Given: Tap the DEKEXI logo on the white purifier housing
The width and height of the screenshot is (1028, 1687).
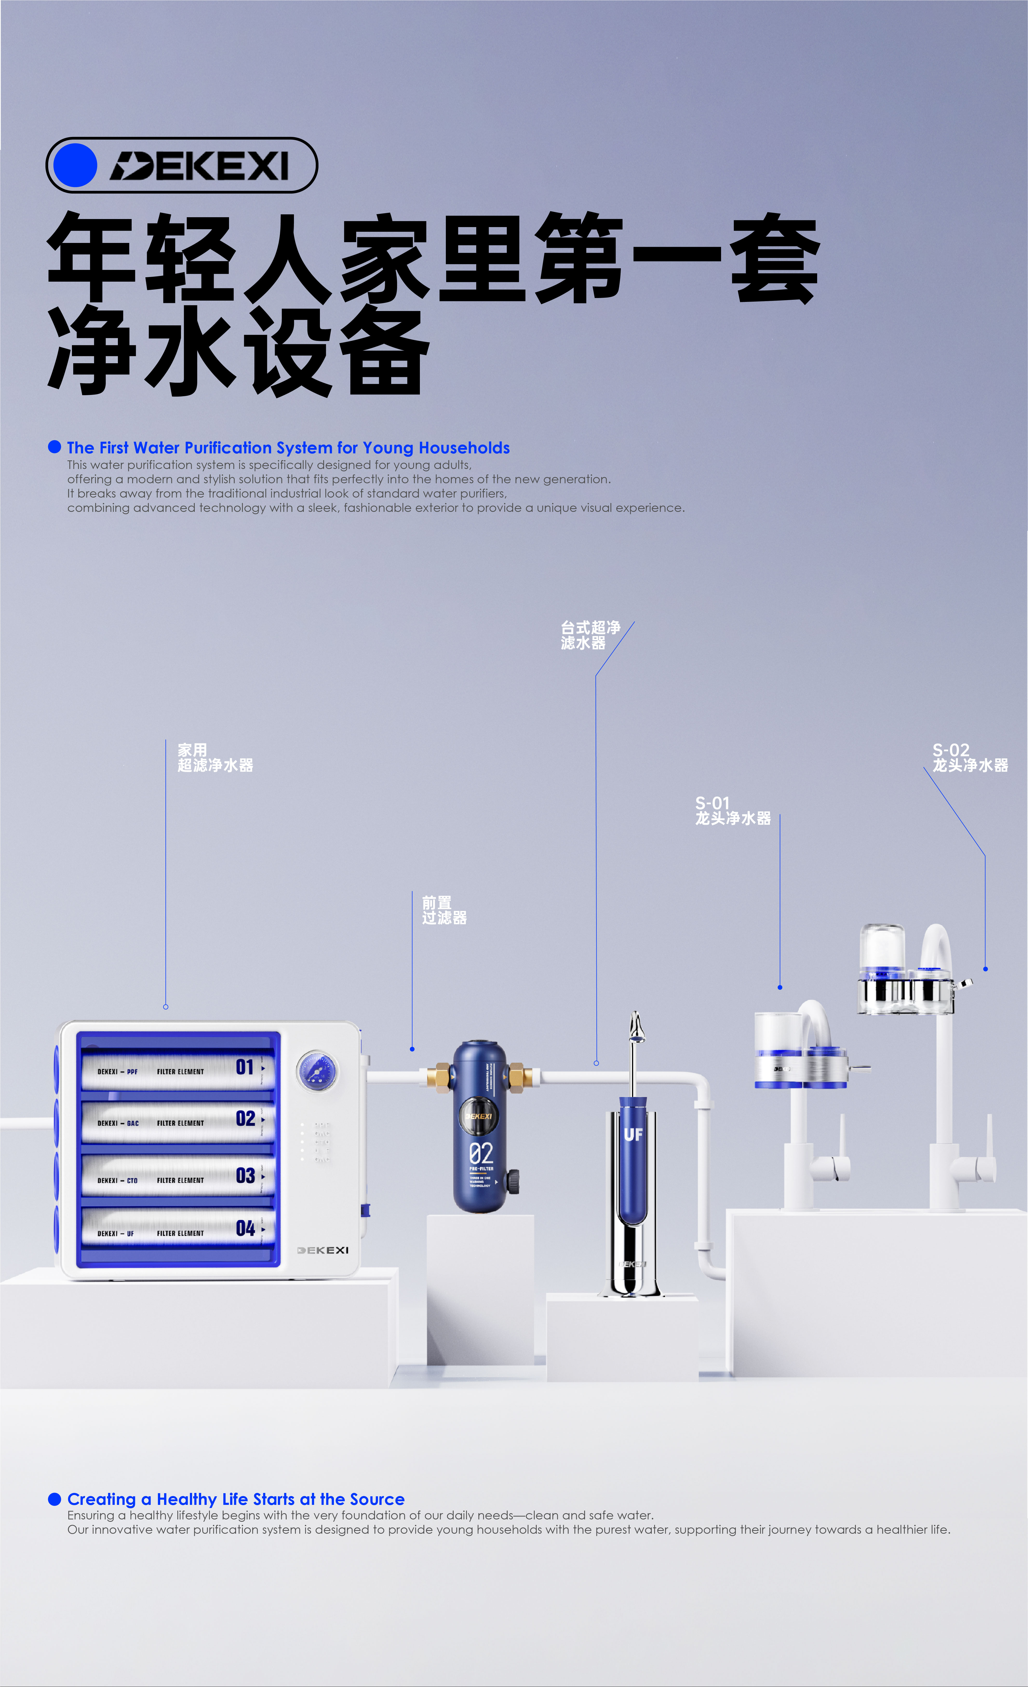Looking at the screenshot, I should click(323, 1250).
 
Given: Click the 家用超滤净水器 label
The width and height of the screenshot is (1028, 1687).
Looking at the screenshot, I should click(215, 758).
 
